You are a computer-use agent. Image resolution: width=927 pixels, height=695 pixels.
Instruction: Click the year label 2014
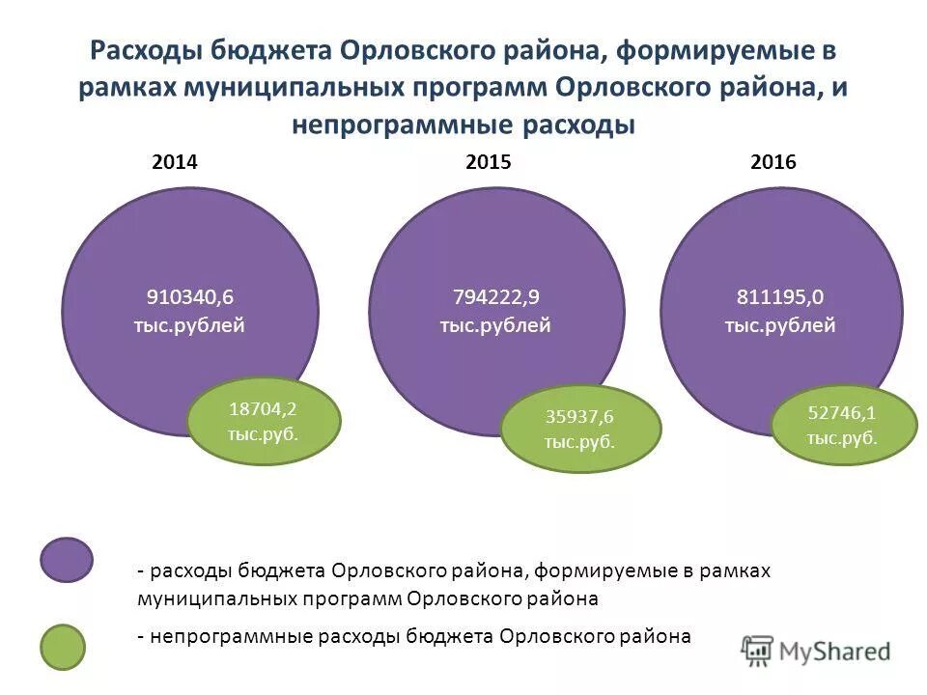click(175, 163)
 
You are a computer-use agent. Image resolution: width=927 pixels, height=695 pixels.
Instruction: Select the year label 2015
click(488, 163)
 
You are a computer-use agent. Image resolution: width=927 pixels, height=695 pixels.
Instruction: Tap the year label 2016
click(772, 163)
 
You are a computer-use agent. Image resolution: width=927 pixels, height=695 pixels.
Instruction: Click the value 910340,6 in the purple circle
click(190, 296)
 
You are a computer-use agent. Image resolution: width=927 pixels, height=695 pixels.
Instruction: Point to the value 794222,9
click(495, 296)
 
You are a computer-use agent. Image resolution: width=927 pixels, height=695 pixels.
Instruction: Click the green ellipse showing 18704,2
click(264, 421)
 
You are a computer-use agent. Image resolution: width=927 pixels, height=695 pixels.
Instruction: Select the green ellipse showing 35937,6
click(580, 430)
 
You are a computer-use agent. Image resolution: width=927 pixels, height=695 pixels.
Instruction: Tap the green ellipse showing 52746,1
click(843, 425)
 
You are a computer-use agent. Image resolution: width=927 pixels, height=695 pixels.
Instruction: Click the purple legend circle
click(67, 560)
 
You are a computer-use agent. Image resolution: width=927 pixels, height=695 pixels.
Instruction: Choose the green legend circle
click(67, 648)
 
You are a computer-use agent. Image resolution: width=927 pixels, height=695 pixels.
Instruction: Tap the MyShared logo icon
click(759, 650)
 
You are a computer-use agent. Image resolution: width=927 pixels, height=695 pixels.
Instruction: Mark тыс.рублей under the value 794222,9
click(495, 325)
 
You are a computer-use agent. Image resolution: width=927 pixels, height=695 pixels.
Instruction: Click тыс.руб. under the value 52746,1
click(843, 438)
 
